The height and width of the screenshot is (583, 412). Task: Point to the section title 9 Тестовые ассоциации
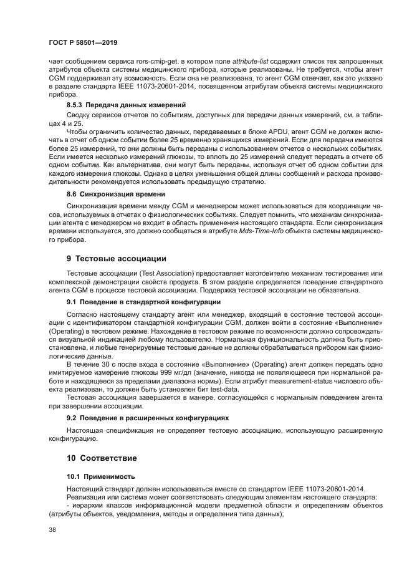(x=117, y=258)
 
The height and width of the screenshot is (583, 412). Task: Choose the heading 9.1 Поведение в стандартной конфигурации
(x=143, y=302)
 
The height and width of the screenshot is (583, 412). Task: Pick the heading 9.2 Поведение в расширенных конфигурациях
(x=148, y=418)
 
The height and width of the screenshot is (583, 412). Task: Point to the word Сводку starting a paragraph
(x=80, y=115)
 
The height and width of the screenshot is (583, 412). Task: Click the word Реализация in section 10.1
(x=87, y=496)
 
